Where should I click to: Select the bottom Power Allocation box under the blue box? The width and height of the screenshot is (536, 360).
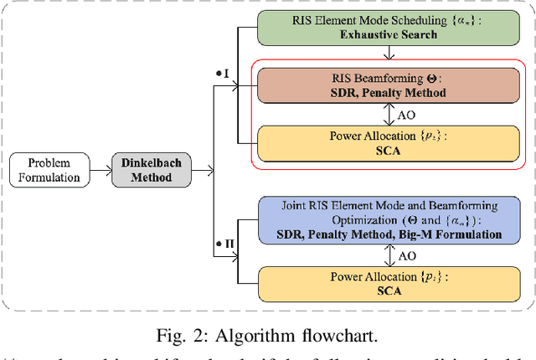(389, 282)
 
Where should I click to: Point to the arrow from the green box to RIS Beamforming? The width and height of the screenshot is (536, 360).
(388, 56)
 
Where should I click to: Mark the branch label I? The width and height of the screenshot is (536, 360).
(224, 75)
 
